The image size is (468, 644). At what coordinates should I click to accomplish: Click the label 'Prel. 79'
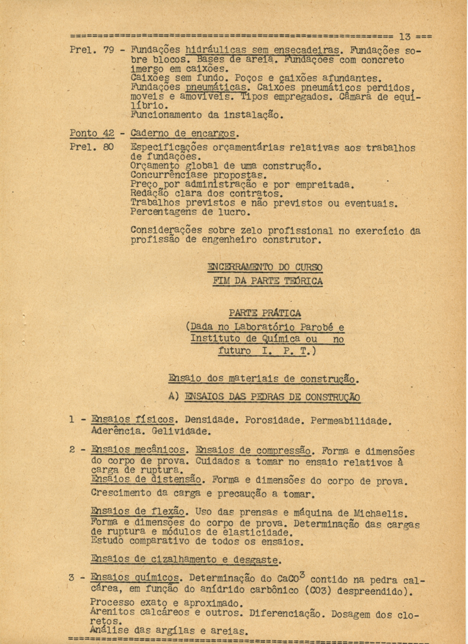click(x=90, y=52)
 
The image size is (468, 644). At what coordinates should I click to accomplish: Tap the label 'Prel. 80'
click(x=90, y=148)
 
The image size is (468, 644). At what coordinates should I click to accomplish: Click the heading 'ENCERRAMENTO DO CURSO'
click(x=265, y=267)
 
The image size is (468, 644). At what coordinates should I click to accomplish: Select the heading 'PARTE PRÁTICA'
click(x=265, y=313)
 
